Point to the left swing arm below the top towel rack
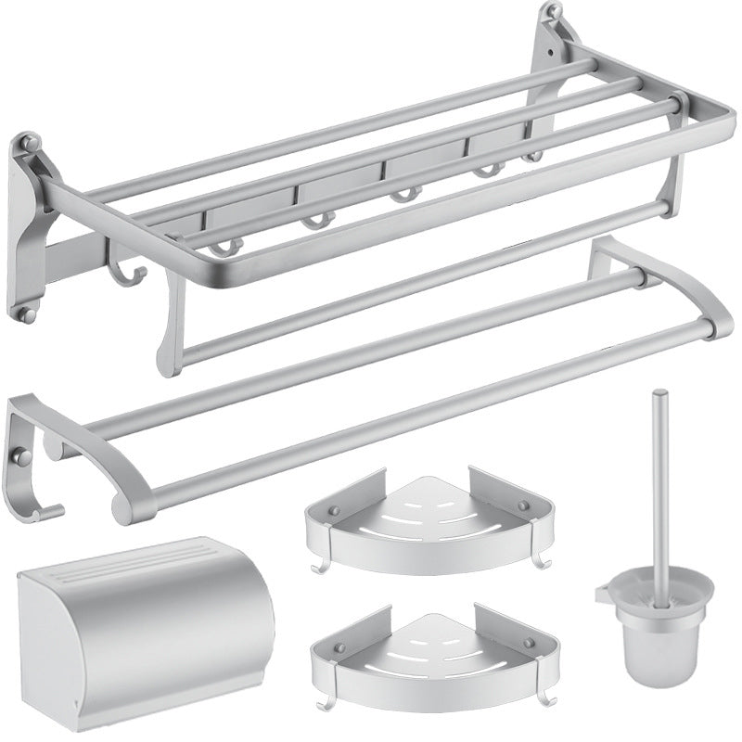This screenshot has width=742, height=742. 172,334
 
